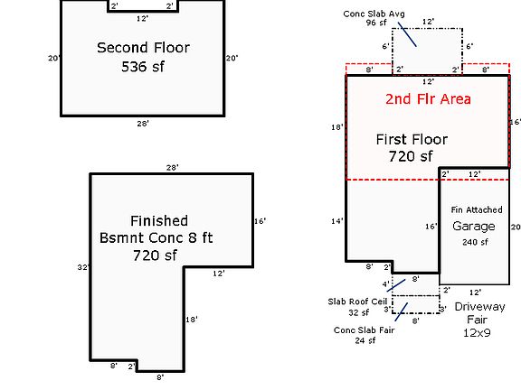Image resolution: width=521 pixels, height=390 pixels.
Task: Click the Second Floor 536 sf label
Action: click(x=143, y=56)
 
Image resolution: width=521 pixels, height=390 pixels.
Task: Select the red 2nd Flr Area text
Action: click(x=428, y=99)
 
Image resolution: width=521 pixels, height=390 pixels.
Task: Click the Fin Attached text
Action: click(x=477, y=210)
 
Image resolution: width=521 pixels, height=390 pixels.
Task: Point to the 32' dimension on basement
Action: click(x=81, y=267)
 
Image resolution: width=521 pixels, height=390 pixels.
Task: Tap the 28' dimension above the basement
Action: click(x=171, y=168)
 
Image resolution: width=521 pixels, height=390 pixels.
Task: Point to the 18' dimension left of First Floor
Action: click(x=337, y=127)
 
